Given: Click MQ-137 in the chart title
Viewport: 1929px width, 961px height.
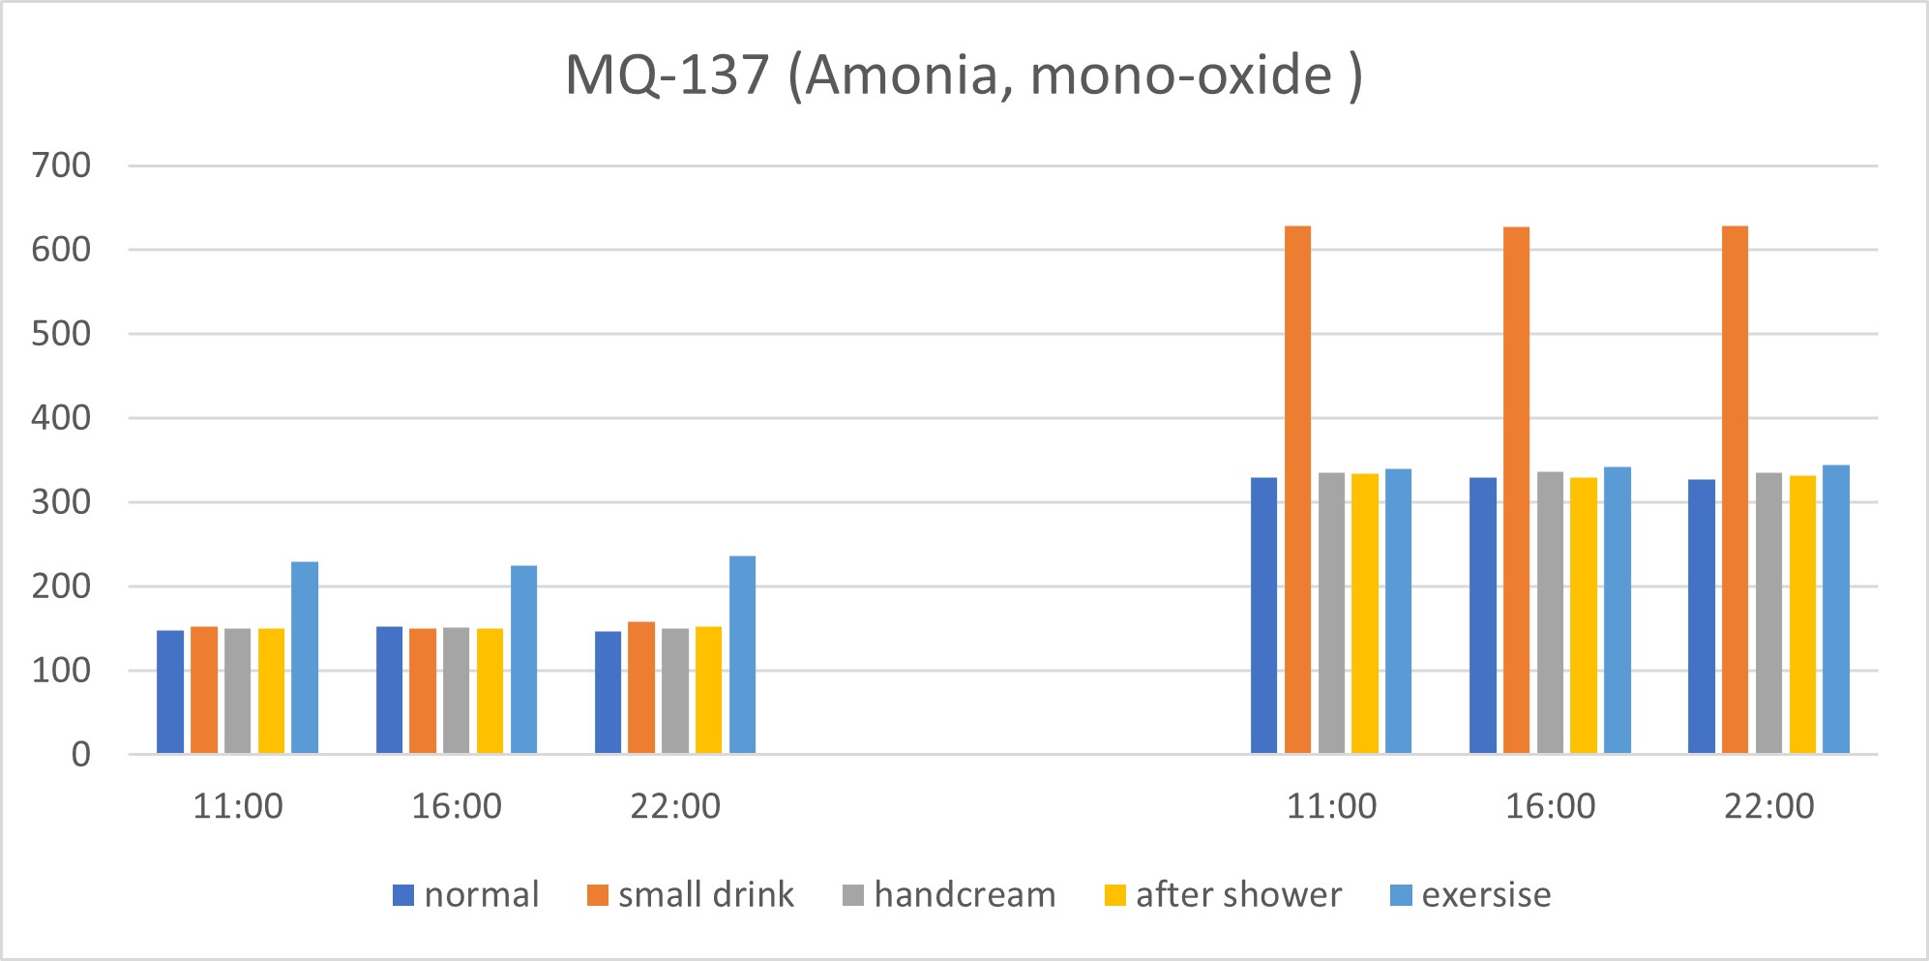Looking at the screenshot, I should pos(667,75).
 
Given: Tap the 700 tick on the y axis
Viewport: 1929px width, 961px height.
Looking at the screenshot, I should pos(61,165).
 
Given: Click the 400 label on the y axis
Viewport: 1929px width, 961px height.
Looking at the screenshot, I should pos(61,418).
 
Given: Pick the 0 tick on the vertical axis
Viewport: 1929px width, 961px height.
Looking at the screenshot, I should pos(81,755).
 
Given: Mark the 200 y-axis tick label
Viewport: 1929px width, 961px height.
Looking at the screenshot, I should pos(61,586).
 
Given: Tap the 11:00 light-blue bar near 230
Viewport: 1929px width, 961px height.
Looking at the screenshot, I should pos(305,658).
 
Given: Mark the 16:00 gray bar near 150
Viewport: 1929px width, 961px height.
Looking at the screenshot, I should pos(456,691).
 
